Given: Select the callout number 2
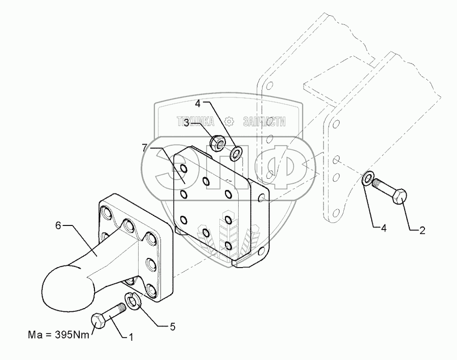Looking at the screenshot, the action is coord(421,231).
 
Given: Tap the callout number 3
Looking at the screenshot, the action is coord(187,122).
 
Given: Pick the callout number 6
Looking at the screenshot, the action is coord(58,225).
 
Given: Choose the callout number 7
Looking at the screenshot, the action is coord(145,147).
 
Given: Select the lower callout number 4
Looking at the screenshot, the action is coord(383,228).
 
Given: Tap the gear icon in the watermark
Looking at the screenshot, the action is coord(228,121).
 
